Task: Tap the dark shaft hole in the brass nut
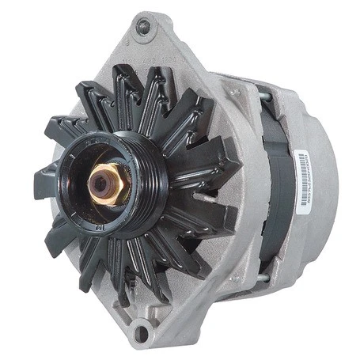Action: (100, 184)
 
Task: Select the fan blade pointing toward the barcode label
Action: (214, 170)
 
